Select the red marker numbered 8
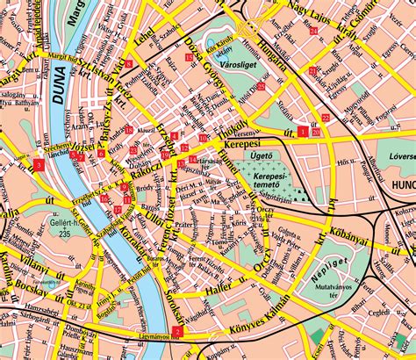(x=129, y=63)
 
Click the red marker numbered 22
(x=326, y=118)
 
